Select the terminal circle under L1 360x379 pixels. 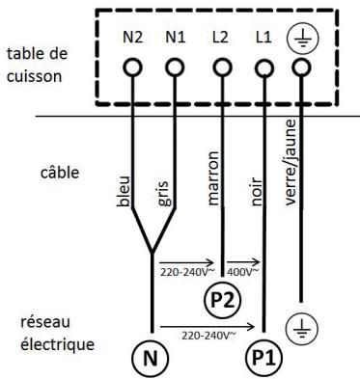262,68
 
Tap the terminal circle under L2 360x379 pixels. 223,68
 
